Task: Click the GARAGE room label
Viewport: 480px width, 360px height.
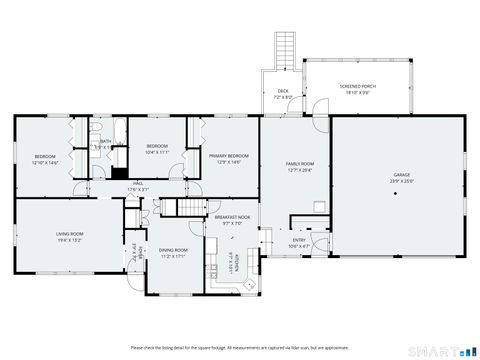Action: click(401, 175)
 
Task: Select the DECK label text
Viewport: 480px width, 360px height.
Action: click(283, 90)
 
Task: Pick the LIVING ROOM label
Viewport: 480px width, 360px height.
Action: click(69, 234)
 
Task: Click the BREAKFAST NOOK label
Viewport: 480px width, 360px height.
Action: click(232, 217)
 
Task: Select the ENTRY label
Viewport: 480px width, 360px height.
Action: click(299, 240)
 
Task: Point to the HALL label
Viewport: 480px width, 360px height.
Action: click(138, 183)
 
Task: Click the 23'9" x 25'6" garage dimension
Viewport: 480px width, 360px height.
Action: click(401, 182)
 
